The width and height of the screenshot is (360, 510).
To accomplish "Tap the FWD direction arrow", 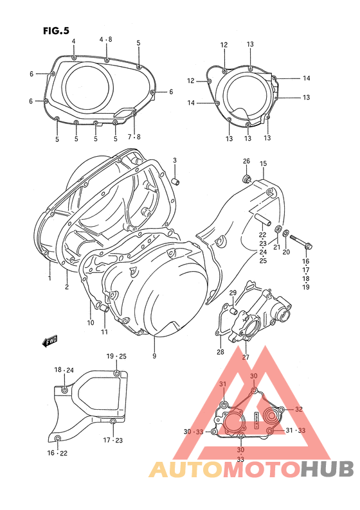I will click(x=51, y=342).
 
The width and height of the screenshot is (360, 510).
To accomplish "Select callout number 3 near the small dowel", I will click(x=174, y=160).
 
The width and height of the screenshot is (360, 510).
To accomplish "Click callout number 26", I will click(x=246, y=161).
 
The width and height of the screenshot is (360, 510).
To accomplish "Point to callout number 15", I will click(x=263, y=164).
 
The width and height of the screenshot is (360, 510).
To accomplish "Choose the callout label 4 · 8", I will click(x=105, y=40).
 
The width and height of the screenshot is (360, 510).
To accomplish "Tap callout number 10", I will click(x=91, y=322).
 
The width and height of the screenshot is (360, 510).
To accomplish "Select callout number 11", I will click(x=104, y=332).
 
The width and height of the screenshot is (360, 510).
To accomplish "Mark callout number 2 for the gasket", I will click(x=66, y=286).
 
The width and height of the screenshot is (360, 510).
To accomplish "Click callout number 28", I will click(x=220, y=352).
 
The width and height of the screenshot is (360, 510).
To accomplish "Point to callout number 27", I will click(x=246, y=357).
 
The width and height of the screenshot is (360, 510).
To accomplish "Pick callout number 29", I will click(x=233, y=294).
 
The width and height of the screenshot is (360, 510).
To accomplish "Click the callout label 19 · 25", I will click(x=116, y=356).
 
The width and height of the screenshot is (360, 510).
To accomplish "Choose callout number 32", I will click(x=298, y=409).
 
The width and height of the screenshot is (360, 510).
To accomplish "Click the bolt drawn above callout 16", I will click(x=304, y=245).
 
